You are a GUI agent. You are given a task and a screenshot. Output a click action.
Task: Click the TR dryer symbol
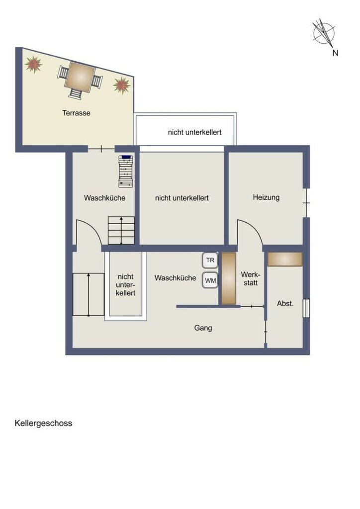[x=210, y=260]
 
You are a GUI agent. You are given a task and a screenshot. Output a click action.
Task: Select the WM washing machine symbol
[x=210, y=280]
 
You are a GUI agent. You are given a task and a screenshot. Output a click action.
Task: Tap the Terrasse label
[x=76, y=113]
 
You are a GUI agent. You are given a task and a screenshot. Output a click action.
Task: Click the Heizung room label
[x=266, y=197]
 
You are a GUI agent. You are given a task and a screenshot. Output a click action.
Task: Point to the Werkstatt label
[x=251, y=279]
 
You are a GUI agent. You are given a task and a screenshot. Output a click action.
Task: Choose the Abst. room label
[x=285, y=304]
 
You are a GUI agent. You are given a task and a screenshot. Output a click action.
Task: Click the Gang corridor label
[x=203, y=328]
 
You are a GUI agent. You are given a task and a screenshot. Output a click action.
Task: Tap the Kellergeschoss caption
[x=43, y=424]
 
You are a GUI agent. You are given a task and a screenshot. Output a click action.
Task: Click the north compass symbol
[x=324, y=32]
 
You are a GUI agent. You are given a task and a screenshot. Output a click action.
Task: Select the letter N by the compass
[x=335, y=53]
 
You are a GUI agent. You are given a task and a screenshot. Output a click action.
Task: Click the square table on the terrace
[x=80, y=77]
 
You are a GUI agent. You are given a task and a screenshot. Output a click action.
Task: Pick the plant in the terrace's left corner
[x=34, y=64]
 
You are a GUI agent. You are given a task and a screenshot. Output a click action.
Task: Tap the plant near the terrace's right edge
[x=122, y=85]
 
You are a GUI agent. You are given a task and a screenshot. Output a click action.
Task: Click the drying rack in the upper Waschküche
[x=126, y=171]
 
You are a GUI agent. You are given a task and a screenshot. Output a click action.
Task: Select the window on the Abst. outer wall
[x=306, y=308]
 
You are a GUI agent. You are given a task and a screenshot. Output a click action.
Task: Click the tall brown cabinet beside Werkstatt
[x=229, y=278]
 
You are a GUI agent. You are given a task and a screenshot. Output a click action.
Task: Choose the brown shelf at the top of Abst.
[x=285, y=259]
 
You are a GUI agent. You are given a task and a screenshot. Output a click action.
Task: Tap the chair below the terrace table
[x=76, y=94]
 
